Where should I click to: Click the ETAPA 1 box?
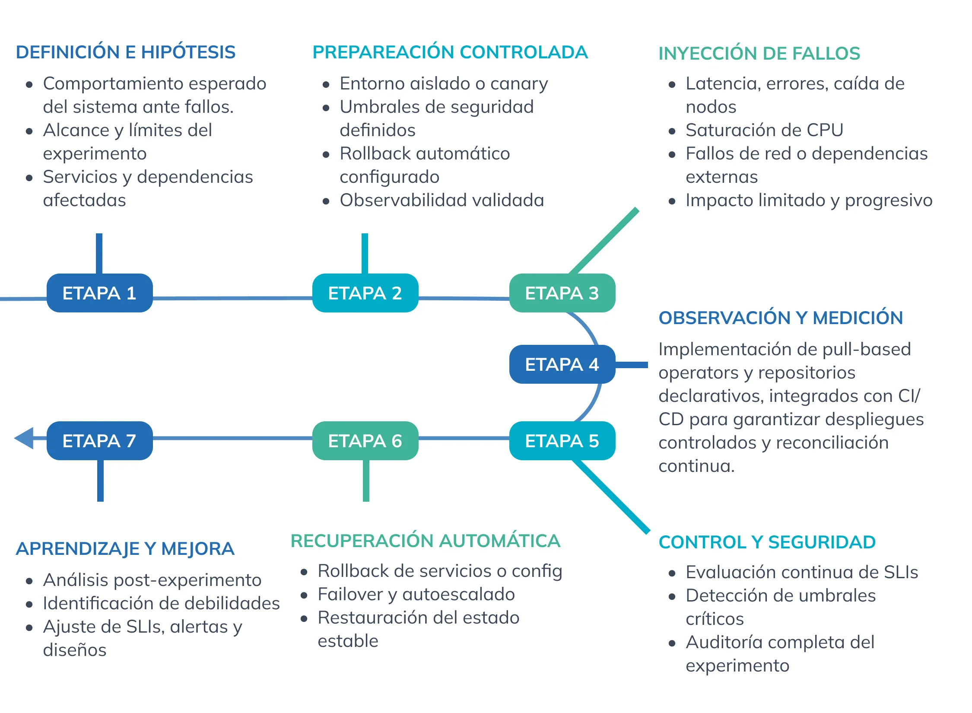100,293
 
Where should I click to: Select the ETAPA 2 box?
365,293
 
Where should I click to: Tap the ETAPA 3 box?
562,293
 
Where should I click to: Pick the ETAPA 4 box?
562,364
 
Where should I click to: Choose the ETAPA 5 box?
562,441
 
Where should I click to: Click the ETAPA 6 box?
365,441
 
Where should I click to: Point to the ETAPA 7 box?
100,441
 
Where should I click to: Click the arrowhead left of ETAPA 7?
24,438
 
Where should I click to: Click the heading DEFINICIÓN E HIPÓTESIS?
126,52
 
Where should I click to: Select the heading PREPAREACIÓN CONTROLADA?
450,52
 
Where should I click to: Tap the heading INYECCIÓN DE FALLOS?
759,54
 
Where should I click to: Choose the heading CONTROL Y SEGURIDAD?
767,542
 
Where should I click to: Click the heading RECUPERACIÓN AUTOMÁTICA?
426,541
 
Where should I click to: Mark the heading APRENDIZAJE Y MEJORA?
125,549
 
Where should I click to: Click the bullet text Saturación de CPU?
765,130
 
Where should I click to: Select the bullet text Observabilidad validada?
442,201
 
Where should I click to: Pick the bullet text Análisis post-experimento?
152,580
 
